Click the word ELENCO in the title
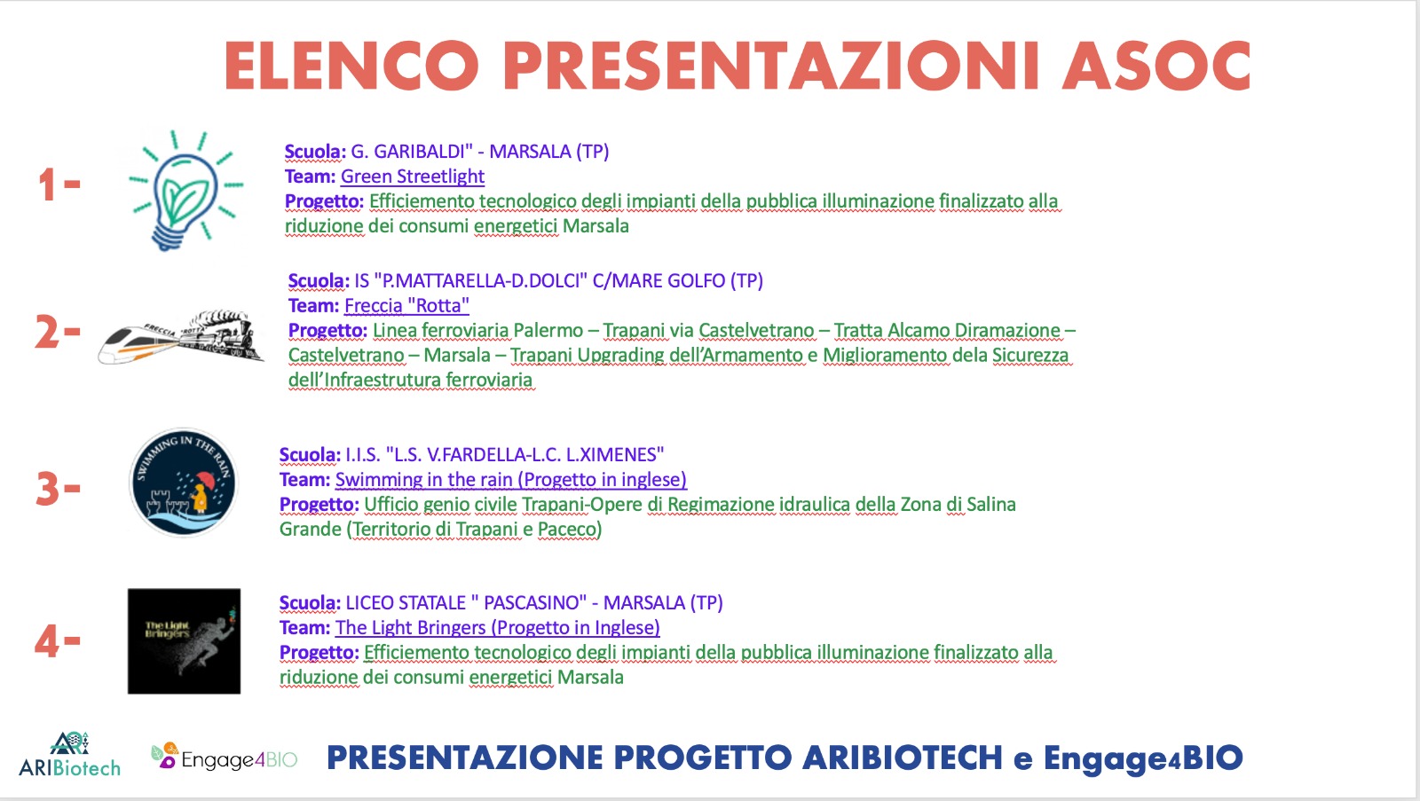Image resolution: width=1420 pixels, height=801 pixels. [x=351, y=66]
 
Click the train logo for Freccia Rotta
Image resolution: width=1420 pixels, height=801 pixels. [x=181, y=337]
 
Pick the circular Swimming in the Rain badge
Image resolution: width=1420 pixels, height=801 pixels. [x=183, y=483]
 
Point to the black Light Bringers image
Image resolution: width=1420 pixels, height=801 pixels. [x=184, y=640]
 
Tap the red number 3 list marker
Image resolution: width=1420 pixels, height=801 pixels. [x=58, y=490]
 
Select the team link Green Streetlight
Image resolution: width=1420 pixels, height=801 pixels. [x=412, y=177]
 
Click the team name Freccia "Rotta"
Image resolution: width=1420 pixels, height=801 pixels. [x=406, y=305]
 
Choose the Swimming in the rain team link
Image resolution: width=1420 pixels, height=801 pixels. [x=511, y=480]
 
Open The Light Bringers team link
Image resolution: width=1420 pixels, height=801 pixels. [x=498, y=627]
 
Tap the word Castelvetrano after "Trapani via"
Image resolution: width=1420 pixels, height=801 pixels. [x=756, y=331]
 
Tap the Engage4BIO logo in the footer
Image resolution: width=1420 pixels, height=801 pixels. [x=224, y=757]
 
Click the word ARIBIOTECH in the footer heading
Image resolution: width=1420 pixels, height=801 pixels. [x=903, y=758]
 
